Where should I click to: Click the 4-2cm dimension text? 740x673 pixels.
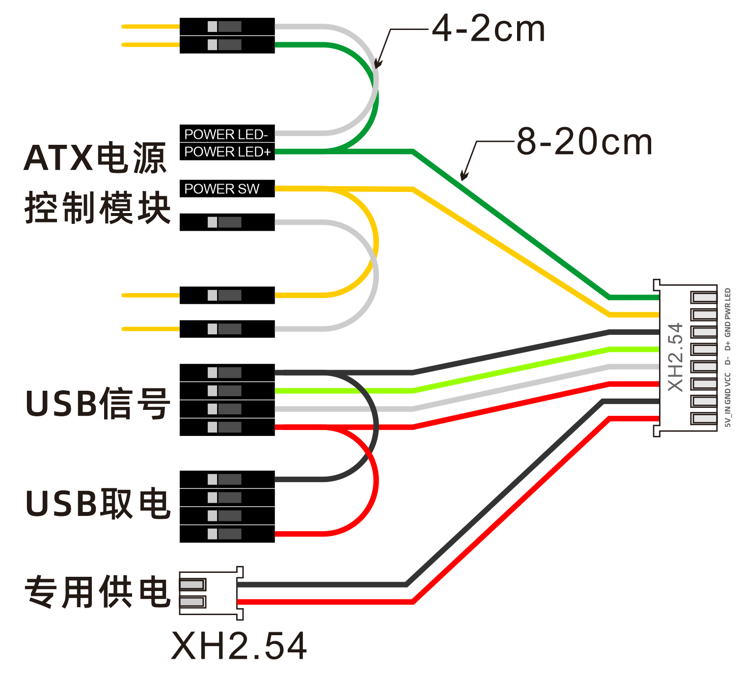(x=488, y=28)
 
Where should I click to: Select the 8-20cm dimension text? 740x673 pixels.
(x=584, y=141)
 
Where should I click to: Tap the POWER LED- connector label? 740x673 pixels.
(x=226, y=134)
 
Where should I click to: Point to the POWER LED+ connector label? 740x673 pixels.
(x=228, y=152)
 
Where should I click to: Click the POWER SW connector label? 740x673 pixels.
(x=221, y=189)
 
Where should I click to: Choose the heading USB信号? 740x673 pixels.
(x=98, y=404)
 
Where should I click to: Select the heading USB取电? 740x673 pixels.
(x=98, y=504)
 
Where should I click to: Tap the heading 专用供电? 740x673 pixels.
(x=98, y=592)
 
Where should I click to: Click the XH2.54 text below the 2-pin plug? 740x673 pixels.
(x=239, y=646)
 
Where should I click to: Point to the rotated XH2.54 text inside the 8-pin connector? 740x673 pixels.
(x=676, y=357)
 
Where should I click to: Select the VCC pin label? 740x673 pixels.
(x=728, y=380)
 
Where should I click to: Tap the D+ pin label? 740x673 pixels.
(x=728, y=346)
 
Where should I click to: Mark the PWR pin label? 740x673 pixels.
(x=728, y=312)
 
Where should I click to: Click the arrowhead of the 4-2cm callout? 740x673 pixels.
(x=377, y=63)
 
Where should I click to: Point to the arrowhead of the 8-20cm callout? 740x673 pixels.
(x=464, y=176)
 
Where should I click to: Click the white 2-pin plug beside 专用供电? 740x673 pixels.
(x=211, y=593)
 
